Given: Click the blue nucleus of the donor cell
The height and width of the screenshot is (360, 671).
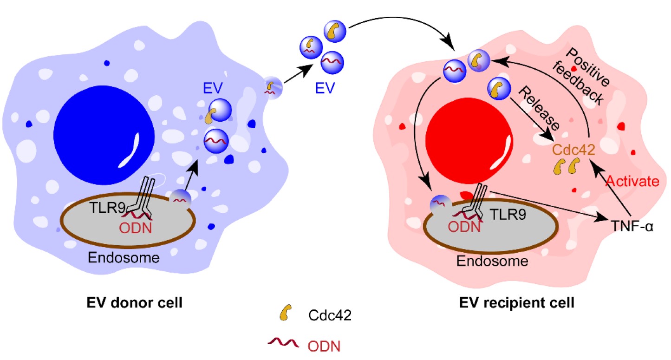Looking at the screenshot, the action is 104,135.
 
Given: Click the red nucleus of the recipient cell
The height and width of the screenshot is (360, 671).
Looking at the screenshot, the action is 469,141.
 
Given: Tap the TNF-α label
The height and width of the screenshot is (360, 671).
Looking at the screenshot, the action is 632,226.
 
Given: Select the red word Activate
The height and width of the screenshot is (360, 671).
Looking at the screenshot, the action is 632,181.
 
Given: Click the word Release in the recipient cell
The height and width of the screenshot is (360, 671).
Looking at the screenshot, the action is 539,109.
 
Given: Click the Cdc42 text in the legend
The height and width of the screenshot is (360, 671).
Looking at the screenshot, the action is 330,315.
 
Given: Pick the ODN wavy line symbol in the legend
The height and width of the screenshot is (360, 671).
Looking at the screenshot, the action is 283,343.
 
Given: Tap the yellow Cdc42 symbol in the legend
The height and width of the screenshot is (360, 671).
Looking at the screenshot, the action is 286,313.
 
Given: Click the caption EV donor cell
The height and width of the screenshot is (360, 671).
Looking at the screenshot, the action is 135,302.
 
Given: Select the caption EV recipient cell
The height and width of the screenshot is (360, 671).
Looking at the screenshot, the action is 517,302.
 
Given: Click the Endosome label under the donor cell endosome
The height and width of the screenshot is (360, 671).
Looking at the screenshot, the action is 124,257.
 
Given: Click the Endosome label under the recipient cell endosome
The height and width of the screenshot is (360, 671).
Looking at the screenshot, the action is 492,261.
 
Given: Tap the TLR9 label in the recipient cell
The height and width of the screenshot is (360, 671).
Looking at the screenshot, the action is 508,214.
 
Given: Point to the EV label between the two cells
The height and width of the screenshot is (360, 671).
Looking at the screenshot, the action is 325,88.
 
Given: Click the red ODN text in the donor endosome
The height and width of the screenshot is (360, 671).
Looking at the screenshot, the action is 136,228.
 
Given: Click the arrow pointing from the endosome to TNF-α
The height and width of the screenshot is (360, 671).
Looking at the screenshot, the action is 549,206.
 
